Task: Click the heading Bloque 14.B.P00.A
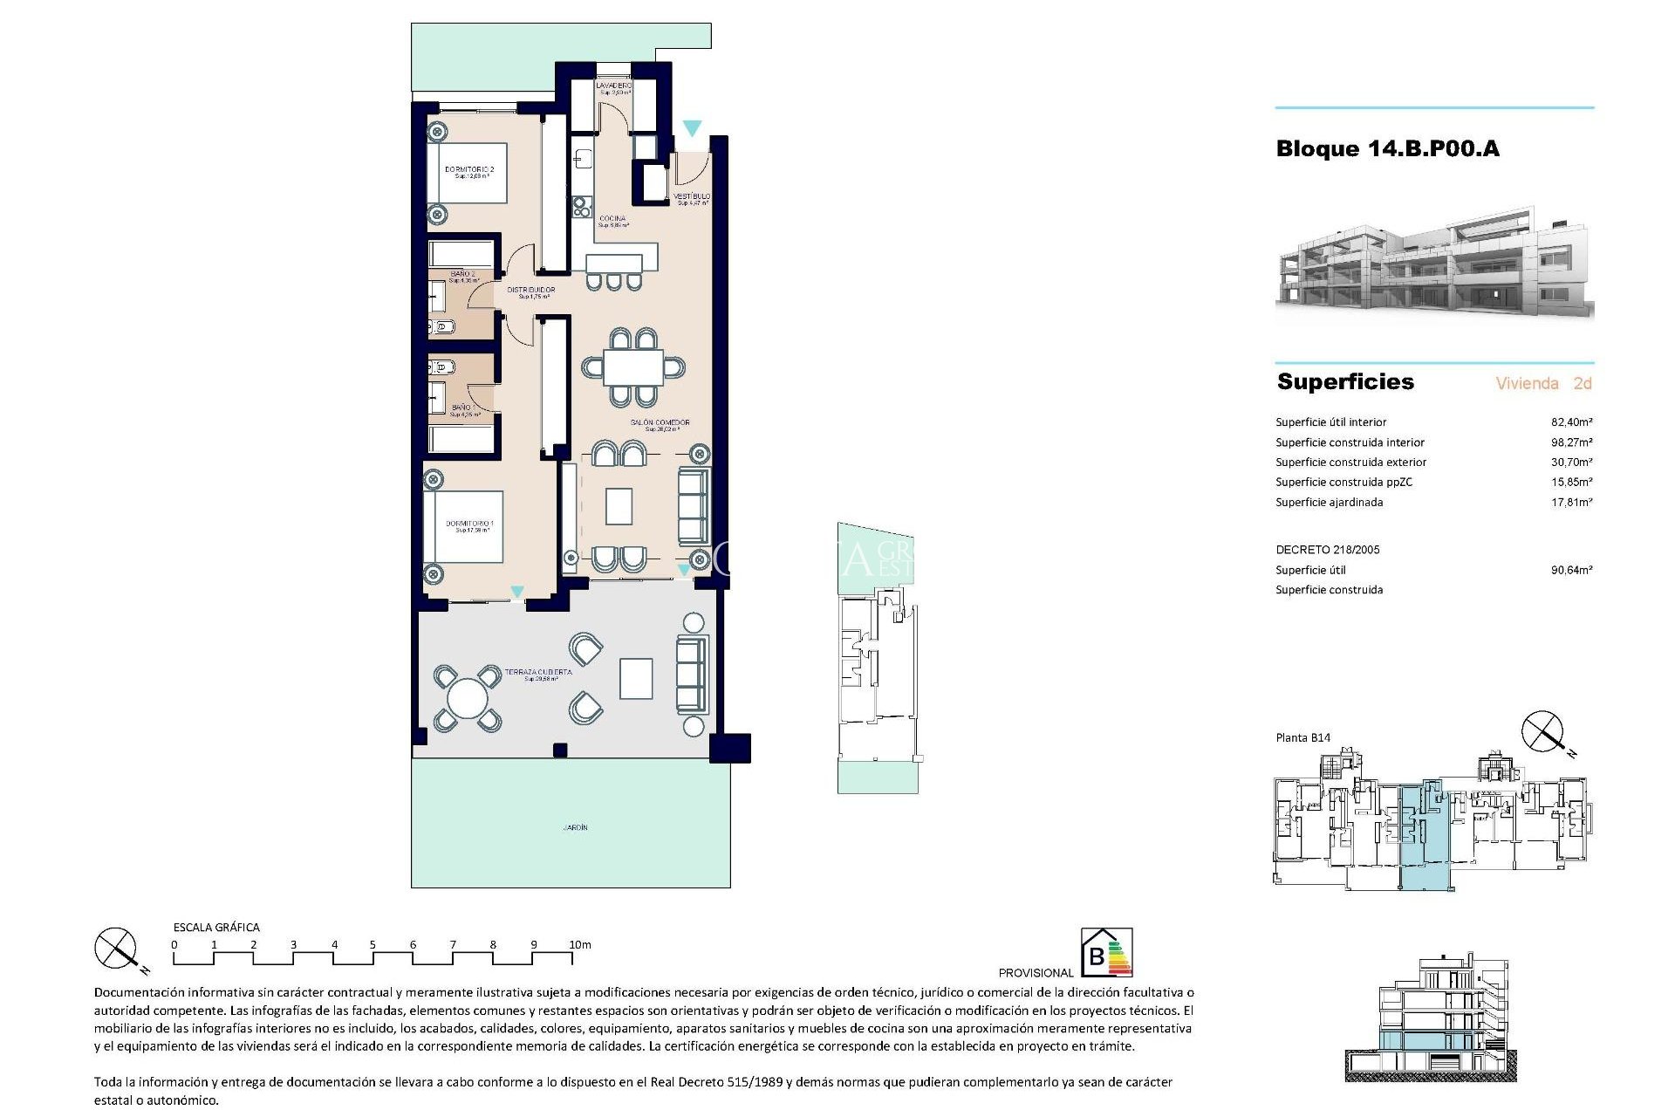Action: [x=1387, y=149]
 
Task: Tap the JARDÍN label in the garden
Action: [x=575, y=827]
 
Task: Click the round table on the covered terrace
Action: [x=468, y=698]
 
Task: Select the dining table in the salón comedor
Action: [x=633, y=367]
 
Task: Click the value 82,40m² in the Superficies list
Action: [x=1571, y=422]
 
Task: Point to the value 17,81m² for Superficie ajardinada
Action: [x=1571, y=503]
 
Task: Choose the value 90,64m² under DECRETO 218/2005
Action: [x=1571, y=571]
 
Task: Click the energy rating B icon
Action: [x=1106, y=952]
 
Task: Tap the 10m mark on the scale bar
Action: [x=580, y=945]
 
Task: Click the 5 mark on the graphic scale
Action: [x=373, y=945]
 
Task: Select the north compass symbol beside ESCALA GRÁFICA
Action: [x=116, y=949]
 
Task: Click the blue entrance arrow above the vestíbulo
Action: [x=692, y=128]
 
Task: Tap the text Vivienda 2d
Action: [x=1543, y=383]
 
